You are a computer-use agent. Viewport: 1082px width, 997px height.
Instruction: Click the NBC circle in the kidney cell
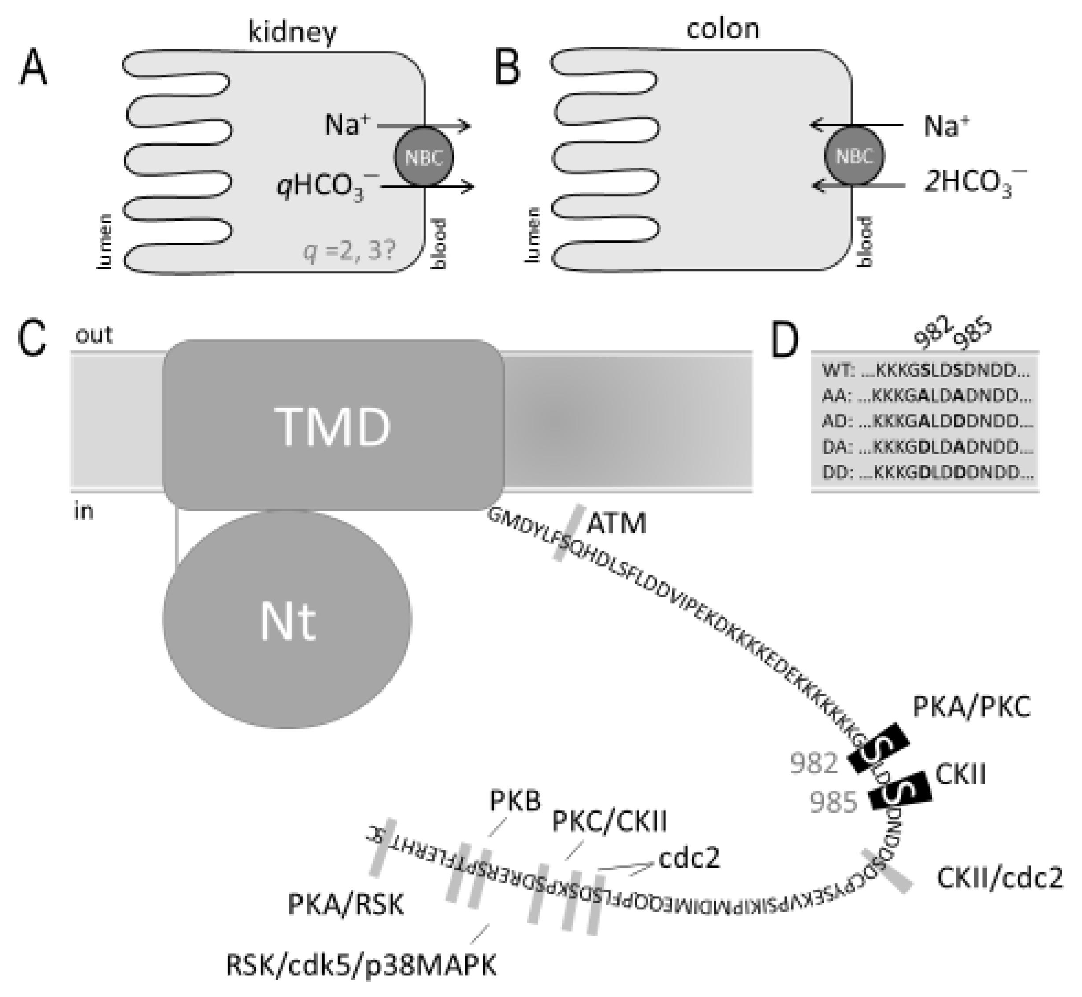coord(424,157)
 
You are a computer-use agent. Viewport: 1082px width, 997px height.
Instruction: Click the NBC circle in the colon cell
coord(854,156)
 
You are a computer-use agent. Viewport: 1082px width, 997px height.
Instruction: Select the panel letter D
coord(785,342)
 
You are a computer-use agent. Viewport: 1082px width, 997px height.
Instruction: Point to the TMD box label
coord(333,427)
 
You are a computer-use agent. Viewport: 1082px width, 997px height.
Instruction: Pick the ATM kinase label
coord(616,523)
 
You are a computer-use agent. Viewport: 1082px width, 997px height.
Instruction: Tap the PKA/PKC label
coord(971,707)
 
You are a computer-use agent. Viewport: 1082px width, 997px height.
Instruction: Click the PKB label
coord(515,801)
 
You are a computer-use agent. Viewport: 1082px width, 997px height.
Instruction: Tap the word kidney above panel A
coord(292,33)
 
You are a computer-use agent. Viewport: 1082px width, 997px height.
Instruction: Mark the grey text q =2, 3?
coord(350,253)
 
